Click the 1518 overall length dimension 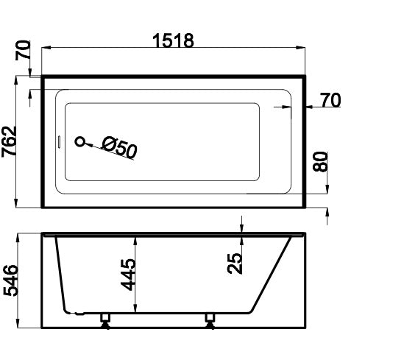[174, 41]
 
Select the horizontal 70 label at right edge [330, 100]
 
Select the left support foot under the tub [104, 320]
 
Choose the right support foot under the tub [210, 320]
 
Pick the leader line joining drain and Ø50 [93, 146]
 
